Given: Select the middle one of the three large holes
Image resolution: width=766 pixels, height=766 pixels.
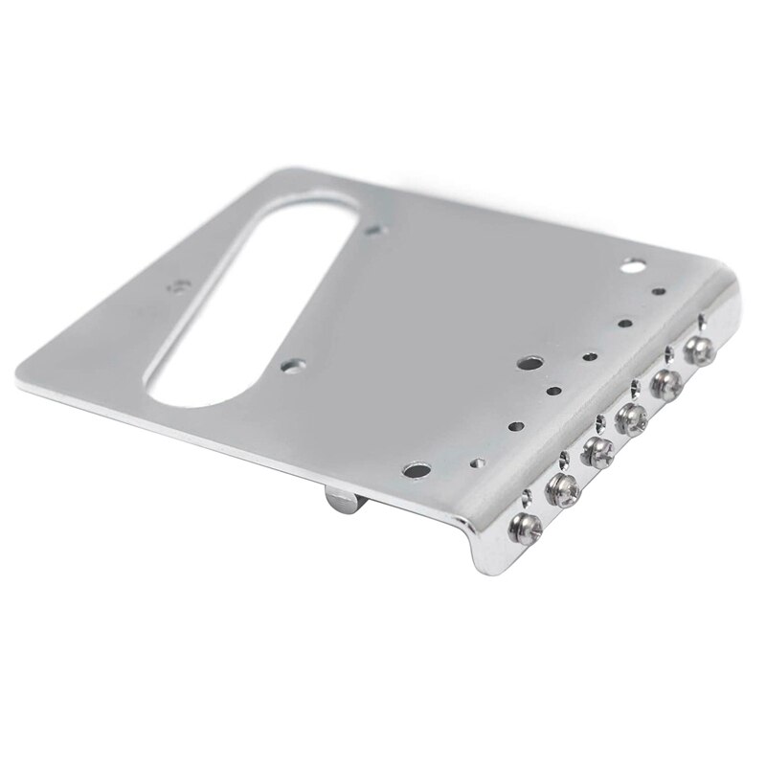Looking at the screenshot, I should pyautogui.click(x=529, y=364).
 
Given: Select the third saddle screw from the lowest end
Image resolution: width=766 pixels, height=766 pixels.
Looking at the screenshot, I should pyautogui.click(x=597, y=452).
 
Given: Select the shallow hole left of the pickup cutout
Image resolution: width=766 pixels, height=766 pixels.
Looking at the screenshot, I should pyautogui.click(x=178, y=285).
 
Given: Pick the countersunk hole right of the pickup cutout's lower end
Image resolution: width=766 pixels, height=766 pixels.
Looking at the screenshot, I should pyautogui.click(x=291, y=364).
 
